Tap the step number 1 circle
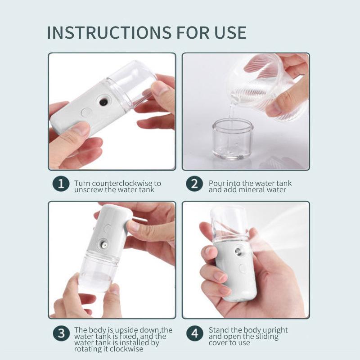pyautogui.click(x=61, y=184)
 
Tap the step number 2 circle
pyautogui.click(x=194, y=184)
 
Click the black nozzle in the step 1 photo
pyautogui.click(x=104, y=102)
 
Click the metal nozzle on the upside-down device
pyautogui.click(x=103, y=245)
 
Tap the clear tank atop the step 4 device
pyautogui.click(x=228, y=223)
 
